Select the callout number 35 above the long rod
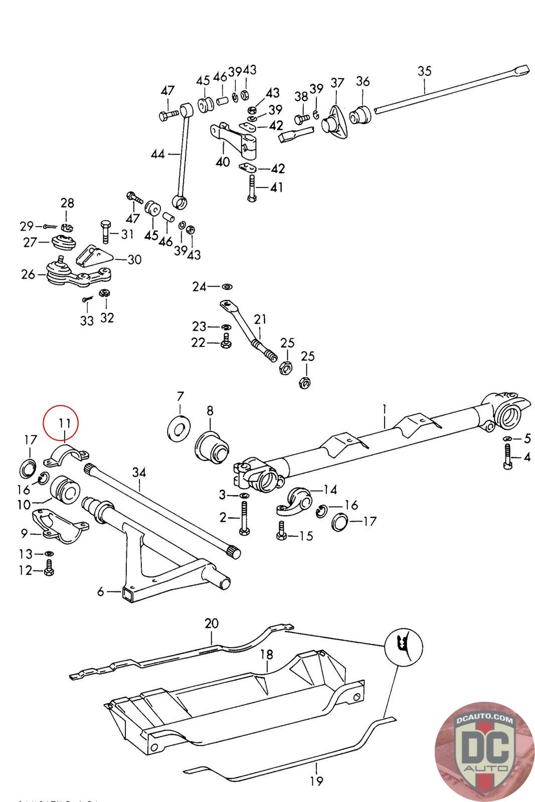pyautogui.click(x=424, y=71)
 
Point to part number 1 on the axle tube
pyautogui.click(x=384, y=409)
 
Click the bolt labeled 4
pyautogui.click(x=507, y=459)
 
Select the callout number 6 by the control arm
pyautogui.click(x=101, y=592)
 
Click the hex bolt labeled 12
pyautogui.click(x=49, y=570)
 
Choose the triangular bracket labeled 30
pyautogui.click(x=94, y=258)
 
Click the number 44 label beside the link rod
pyautogui.click(x=157, y=154)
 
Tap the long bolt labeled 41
pyautogui.click(x=252, y=188)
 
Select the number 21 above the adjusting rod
pyautogui.click(x=260, y=319)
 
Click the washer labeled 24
pyautogui.click(x=227, y=287)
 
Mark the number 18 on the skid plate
pyautogui.click(x=266, y=654)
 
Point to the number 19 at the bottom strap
pyautogui.click(x=316, y=780)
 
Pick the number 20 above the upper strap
pyautogui.click(x=212, y=624)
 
